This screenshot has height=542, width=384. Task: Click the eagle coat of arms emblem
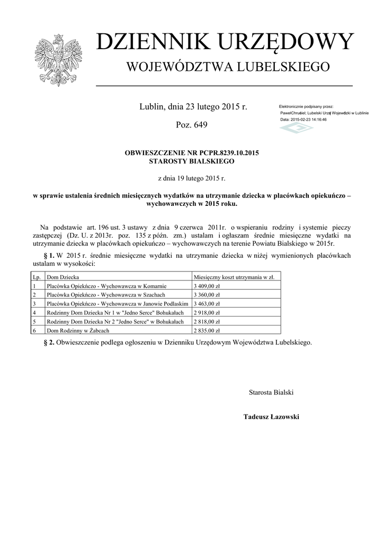[x=58, y=60]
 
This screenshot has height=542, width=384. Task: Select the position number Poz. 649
[x=191, y=125]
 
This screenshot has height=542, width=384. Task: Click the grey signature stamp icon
[x=297, y=129]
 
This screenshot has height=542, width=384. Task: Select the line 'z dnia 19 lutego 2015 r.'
[x=191, y=179]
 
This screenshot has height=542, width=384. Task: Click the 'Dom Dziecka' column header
[x=63, y=277]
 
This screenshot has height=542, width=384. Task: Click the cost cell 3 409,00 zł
[x=207, y=286]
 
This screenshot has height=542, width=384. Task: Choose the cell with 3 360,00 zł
[x=207, y=295]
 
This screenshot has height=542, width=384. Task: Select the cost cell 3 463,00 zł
[x=207, y=304]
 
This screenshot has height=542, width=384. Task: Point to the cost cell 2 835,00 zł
[x=207, y=330]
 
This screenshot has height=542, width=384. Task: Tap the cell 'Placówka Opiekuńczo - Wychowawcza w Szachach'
[x=106, y=295]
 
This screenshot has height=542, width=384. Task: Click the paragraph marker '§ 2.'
[x=48, y=342]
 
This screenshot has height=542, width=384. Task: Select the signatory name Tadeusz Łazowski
[x=271, y=417]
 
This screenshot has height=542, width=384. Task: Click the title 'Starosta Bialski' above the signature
[x=271, y=392]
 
